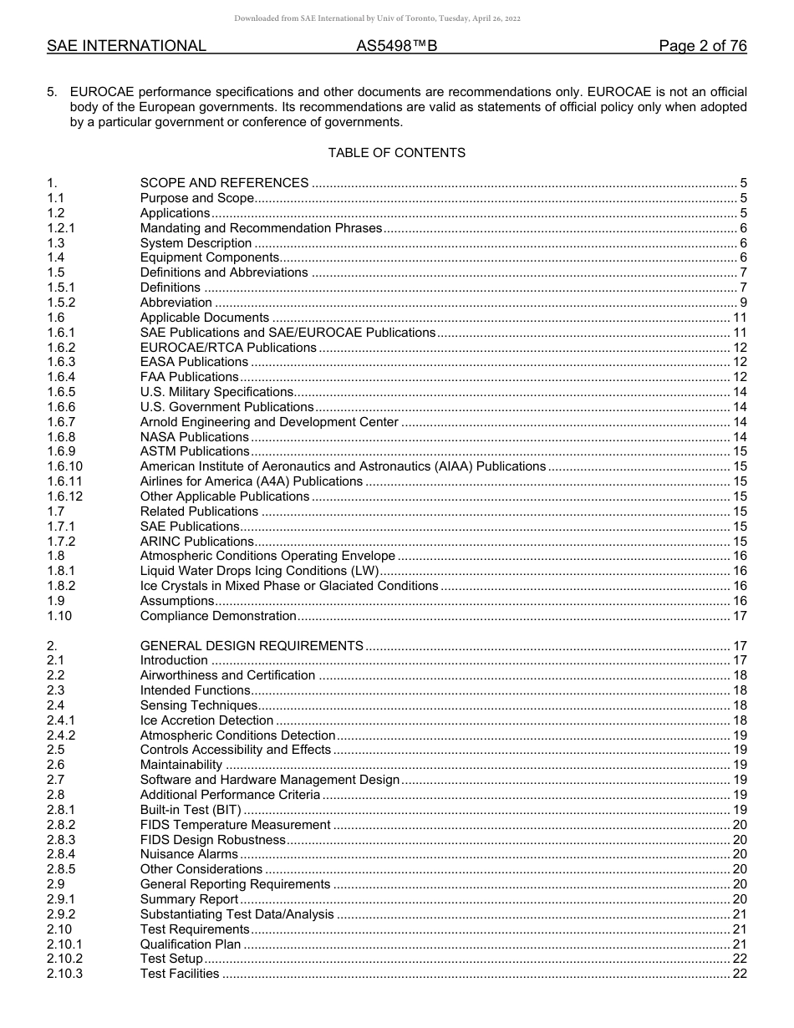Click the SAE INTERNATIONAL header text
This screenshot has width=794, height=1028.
[x=126, y=47]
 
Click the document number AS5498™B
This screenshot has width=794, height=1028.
[x=396, y=47]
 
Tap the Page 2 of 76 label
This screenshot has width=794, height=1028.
[x=702, y=47]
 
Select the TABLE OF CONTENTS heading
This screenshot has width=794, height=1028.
[x=396, y=153]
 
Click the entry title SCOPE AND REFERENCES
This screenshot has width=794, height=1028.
[x=224, y=183]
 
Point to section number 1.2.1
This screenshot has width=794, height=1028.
[x=61, y=228]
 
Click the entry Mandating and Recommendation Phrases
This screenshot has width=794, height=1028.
[x=261, y=228]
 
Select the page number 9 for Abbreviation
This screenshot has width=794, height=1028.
[x=743, y=303]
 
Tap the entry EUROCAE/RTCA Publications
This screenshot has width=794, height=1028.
[x=228, y=348]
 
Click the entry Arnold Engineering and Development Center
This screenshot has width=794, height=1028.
[x=269, y=422]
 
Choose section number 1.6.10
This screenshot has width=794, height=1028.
[x=64, y=466]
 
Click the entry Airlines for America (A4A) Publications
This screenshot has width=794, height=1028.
[x=251, y=481]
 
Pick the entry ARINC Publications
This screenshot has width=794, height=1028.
[x=196, y=542]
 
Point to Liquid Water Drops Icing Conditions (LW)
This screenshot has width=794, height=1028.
[x=260, y=572]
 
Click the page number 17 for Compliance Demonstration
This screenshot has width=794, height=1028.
[x=740, y=616]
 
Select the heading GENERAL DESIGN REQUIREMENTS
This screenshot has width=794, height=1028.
[x=252, y=646]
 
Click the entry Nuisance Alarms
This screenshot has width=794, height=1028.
[x=189, y=854]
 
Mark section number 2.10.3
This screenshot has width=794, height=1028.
[x=64, y=974]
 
